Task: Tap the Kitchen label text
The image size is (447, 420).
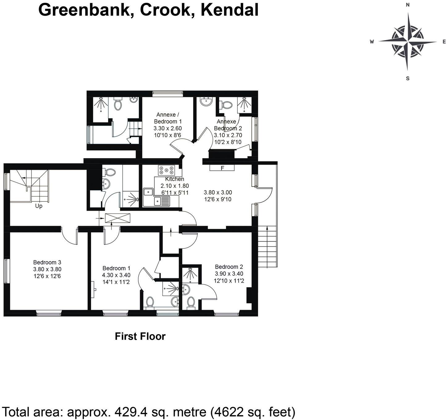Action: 174,179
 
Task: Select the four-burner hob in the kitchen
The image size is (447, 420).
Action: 166,170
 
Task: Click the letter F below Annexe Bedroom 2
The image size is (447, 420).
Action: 222,168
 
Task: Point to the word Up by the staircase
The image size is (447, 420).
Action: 39,206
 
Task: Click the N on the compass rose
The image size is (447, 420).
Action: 407,5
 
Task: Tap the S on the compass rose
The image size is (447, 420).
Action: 407,78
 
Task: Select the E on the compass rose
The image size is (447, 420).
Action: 444,42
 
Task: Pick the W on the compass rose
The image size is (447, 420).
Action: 372,42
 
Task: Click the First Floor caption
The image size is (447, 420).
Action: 140,336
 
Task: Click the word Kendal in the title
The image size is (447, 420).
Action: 229,10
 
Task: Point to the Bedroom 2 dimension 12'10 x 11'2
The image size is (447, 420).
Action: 229,281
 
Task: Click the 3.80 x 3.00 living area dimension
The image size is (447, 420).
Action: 218,192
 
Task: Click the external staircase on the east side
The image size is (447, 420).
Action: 267,247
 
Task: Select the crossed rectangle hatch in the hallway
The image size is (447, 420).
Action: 118,218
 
